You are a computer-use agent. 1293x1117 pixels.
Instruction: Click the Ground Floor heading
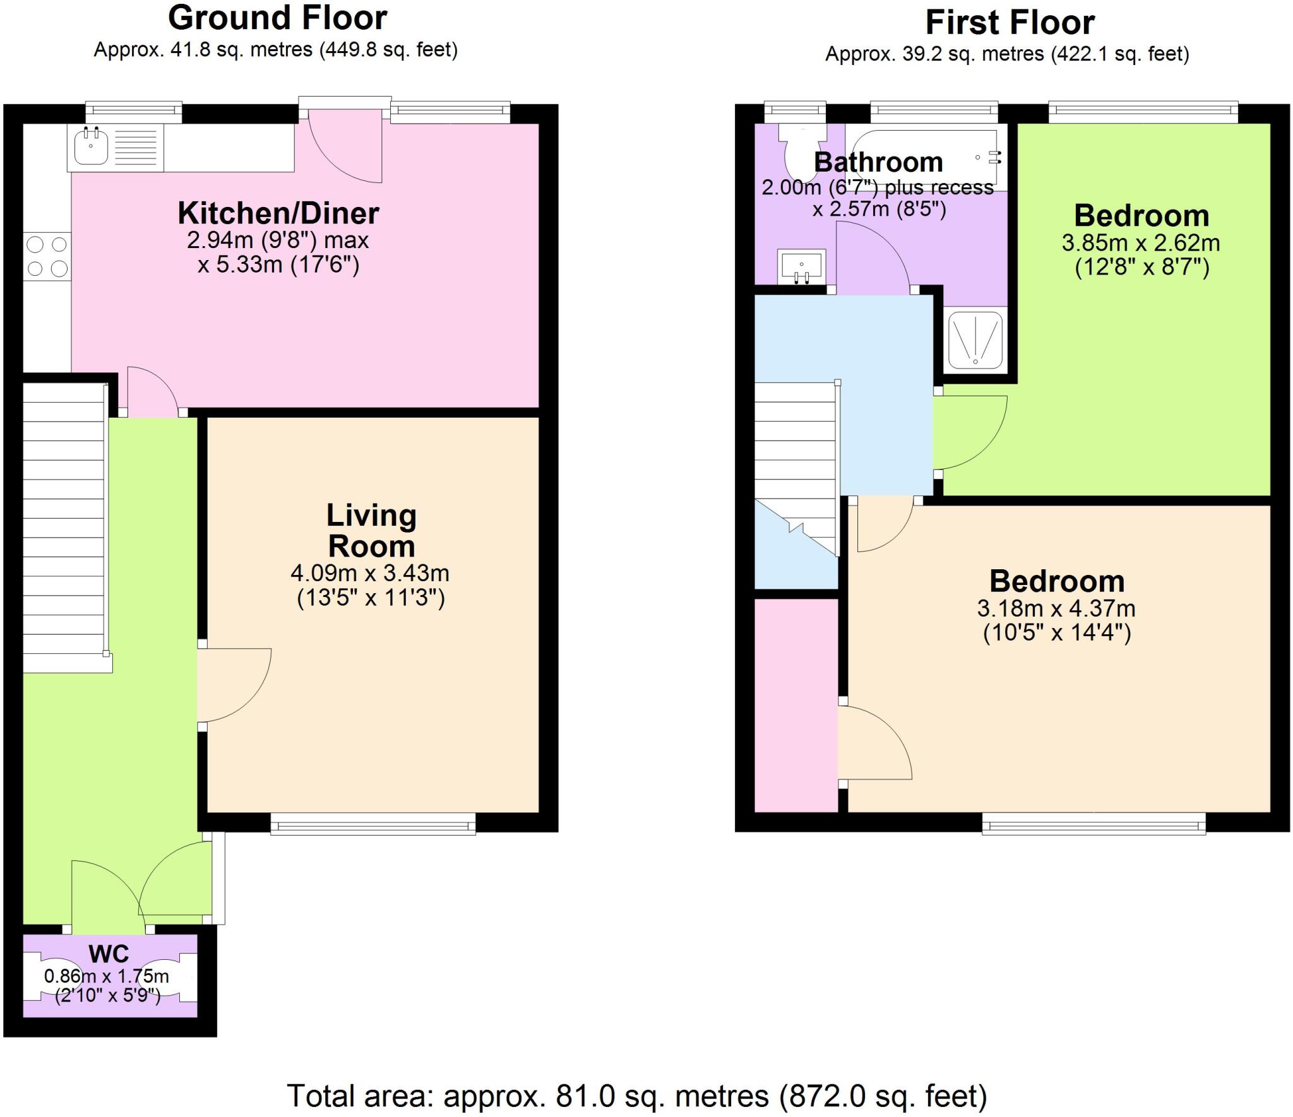277,18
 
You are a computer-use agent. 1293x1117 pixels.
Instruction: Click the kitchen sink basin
91,147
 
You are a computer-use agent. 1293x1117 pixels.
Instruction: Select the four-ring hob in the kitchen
47,256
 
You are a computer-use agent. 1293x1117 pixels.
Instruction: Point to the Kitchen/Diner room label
278,213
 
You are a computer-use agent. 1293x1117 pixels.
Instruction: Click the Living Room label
371,531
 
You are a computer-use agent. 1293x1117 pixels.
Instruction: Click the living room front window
372,824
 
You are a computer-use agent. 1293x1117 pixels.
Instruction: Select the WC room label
109,954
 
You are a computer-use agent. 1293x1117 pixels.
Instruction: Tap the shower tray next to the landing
975,340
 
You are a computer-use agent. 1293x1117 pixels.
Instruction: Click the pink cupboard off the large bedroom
796,704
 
